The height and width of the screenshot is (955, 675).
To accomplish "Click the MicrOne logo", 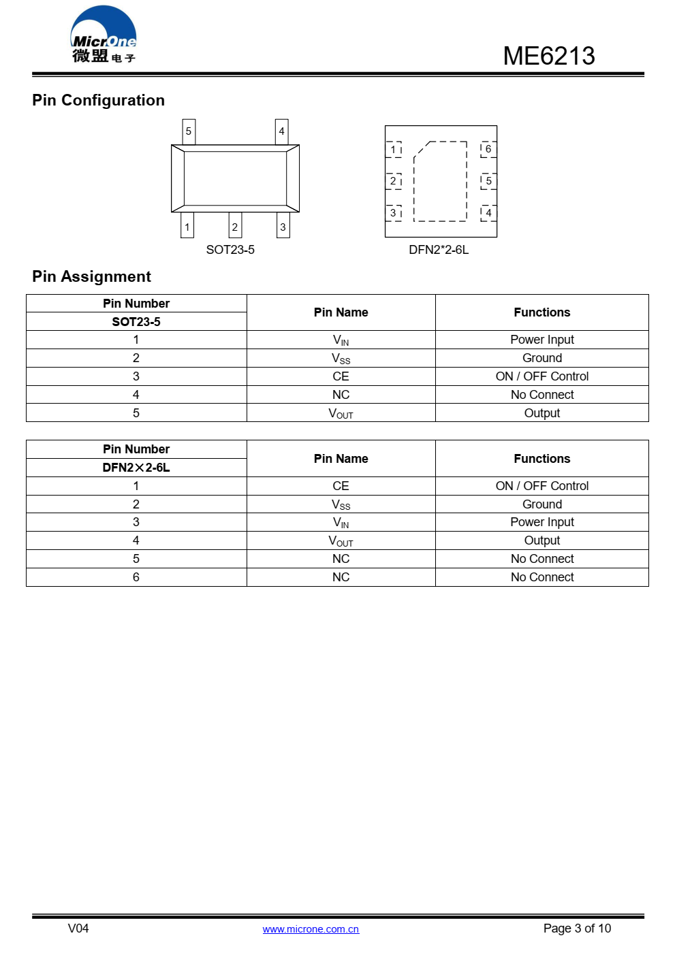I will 104,36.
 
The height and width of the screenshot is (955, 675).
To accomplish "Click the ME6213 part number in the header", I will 548,56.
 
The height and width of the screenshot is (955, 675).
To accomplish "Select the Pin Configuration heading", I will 98,100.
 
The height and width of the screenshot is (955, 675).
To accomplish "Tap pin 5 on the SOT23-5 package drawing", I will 189,131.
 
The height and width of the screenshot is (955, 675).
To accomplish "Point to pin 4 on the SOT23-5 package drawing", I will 281,131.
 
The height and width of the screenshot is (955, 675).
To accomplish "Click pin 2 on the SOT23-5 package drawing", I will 235,227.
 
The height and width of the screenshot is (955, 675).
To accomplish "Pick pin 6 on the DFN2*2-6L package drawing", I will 488,149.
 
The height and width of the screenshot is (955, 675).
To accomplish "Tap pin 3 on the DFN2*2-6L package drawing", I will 393,213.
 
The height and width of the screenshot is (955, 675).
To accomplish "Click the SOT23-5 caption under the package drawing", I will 230,250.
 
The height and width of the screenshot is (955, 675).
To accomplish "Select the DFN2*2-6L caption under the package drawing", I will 439,250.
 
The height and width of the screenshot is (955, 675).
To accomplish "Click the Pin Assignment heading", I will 91,276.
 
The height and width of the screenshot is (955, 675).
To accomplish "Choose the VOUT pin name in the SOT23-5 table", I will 341,413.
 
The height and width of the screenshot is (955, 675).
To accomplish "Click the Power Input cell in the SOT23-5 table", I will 541,340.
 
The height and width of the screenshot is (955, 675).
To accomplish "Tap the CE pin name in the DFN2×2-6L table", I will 341,486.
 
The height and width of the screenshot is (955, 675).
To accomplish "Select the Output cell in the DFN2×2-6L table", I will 541,540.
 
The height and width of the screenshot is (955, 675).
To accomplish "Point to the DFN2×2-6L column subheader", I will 136,468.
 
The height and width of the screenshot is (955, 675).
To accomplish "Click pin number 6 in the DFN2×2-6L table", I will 136,577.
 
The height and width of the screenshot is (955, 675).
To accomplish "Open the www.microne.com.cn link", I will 311,929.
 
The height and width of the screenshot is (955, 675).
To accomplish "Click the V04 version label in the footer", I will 78,928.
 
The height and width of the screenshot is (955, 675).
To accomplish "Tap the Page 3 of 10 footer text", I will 577,928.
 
